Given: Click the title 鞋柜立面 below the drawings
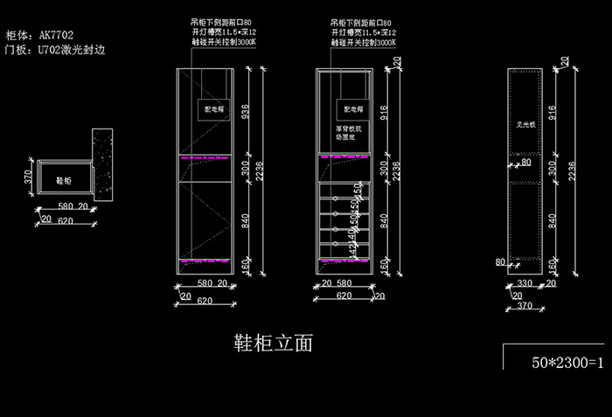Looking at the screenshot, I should tap(274, 343).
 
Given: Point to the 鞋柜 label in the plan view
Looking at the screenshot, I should tap(64, 180).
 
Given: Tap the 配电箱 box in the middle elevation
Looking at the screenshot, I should tap(352, 110).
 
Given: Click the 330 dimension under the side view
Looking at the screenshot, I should tap(525, 283).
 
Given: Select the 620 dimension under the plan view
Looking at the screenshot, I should tap(64, 221).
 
